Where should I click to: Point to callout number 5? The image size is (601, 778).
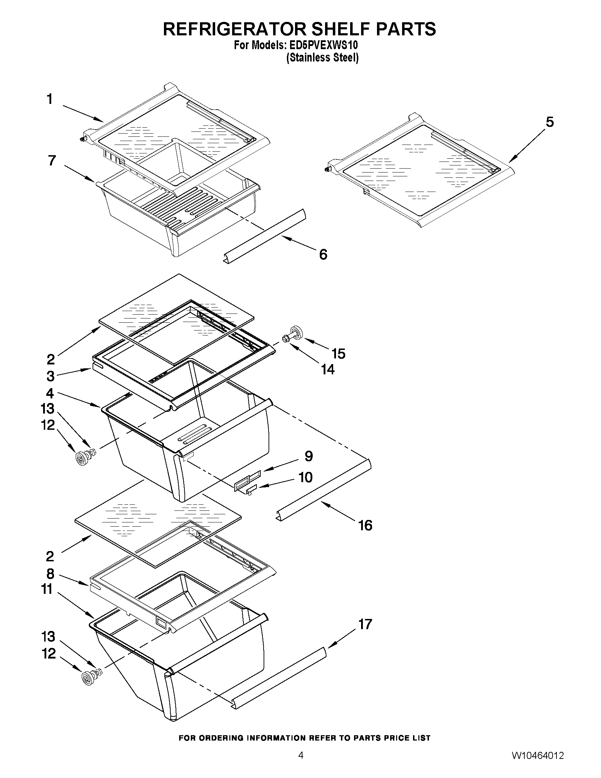(x=550, y=122)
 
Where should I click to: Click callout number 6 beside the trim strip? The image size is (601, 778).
(x=323, y=255)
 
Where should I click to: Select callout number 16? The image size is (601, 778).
(x=365, y=525)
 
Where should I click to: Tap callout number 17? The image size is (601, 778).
(x=365, y=624)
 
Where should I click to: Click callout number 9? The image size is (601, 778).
(x=308, y=456)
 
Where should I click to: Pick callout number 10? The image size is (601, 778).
(x=305, y=477)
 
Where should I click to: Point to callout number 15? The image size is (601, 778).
(x=338, y=354)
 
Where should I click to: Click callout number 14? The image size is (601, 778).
(x=328, y=370)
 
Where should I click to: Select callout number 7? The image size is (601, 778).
(x=52, y=161)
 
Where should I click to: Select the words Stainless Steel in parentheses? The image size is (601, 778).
(x=323, y=58)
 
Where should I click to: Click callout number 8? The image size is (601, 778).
(x=50, y=574)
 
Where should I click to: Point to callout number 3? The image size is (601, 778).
(x=50, y=376)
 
